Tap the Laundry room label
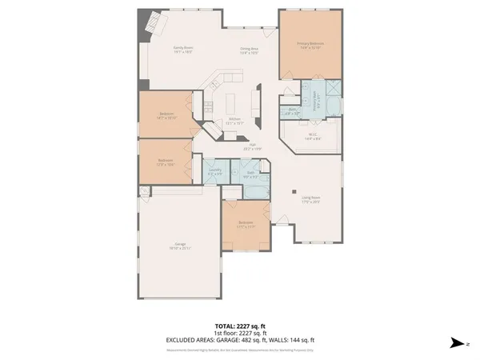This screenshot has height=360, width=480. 214,170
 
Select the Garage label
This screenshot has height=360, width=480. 181,246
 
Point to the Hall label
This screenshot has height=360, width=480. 252,146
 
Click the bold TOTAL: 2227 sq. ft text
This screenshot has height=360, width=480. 239,326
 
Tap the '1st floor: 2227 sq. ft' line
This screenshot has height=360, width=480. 239,333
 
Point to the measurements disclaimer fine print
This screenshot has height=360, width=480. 239,348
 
